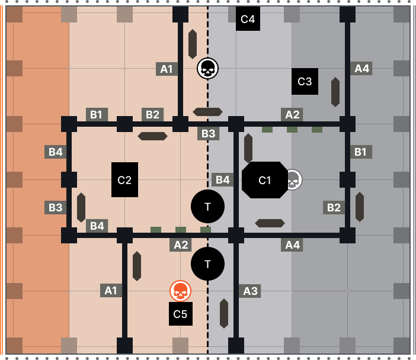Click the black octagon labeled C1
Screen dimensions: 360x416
click(x=264, y=180)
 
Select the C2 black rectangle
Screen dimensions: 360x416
click(x=124, y=180)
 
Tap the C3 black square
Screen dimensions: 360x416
click(x=305, y=81)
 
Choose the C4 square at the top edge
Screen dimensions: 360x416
click(x=248, y=18)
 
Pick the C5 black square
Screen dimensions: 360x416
click(x=180, y=314)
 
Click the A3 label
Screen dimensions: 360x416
click(x=250, y=291)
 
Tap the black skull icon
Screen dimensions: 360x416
click(x=207, y=69)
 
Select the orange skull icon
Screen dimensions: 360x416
click(x=180, y=291)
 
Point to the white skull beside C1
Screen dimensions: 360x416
click(x=293, y=179)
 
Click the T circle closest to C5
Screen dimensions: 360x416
click(x=207, y=263)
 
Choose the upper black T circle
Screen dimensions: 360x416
click(x=207, y=207)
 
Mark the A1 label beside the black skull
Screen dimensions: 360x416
click(x=167, y=69)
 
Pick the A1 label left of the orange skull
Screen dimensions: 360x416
click(x=111, y=290)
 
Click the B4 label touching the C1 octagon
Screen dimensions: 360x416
click(x=222, y=179)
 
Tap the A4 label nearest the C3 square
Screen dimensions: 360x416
click(x=361, y=68)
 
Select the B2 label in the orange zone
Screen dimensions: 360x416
click(x=152, y=114)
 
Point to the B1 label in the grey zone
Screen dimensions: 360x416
click(x=361, y=152)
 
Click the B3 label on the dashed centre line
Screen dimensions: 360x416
click(x=208, y=133)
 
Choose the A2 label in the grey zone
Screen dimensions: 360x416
click(x=292, y=114)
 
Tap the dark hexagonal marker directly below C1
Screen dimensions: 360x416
click(x=270, y=223)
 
